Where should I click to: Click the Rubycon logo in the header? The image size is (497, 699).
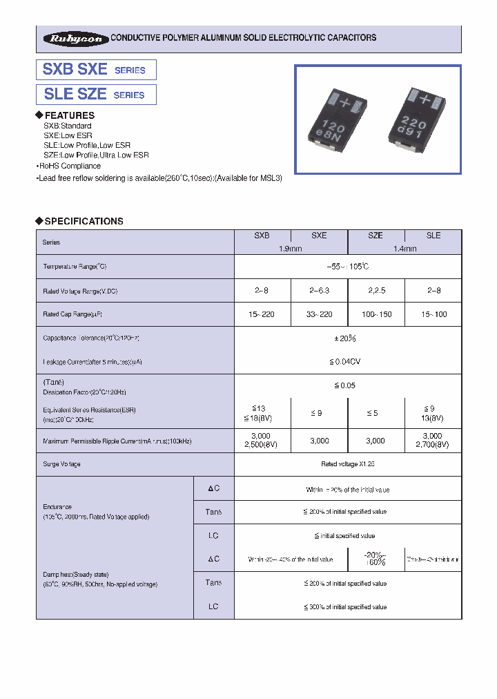pyautogui.click(x=74, y=39)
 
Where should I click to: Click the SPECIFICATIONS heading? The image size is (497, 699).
pyautogui.click(x=84, y=221)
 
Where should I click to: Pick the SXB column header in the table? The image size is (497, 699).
pyautogui.click(x=262, y=236)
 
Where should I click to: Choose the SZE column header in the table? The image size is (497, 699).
pyautogui.click(x=376, y=236)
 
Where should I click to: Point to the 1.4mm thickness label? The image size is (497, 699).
pyautogui.click(x=405, y=249)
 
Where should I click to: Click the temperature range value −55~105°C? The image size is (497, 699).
pyautogui.click(x=348, y=267)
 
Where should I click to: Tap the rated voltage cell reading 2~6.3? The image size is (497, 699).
pyautogui.click(x=319, y=291)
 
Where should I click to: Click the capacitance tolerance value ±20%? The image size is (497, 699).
pyautogui.click(x=348, y=338)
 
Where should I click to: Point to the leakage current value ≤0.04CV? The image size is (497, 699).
pyautogui.click(x=348, y=361)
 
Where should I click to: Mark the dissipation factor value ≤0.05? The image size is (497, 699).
pyautogui.click(x=348, y=385)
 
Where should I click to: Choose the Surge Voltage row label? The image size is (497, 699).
pyautogui.click(x=61, y=464)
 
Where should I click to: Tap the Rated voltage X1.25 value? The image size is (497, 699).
pyautogui.click(x=348, y=464)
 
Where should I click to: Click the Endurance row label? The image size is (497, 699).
pyautogui.click(x=57, y=506)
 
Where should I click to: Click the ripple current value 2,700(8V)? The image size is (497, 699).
pyautogui.click(x=432, y=445)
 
